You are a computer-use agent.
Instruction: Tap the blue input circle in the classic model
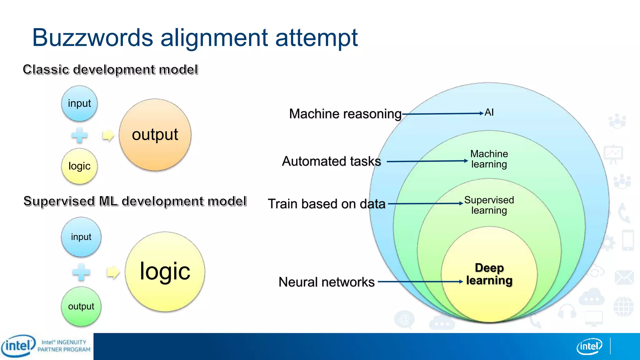point(79,103)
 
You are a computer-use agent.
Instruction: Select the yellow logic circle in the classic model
point(79,166)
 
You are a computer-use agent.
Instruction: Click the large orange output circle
point(155,135)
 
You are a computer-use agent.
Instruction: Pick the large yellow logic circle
point(165,271)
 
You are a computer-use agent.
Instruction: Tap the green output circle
point(81,306)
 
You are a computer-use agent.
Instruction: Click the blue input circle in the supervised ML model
point(81,237)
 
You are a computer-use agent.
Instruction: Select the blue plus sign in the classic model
point(79,135)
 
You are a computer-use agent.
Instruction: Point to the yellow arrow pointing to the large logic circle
point(113,272)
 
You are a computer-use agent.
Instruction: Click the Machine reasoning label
point(345,114)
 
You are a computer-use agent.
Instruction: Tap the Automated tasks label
point(331,161)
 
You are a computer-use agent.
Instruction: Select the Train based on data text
point(327,204)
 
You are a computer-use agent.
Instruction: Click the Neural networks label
point(326,282)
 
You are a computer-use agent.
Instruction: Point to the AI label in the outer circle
point(489,112)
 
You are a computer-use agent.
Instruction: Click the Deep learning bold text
point(489,274)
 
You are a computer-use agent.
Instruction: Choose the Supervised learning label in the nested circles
point(489,205)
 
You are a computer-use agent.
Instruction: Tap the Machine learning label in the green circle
point(489,159)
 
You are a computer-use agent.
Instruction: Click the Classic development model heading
point(110,70)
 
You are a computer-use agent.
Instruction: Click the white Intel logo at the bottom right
point(589,346)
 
